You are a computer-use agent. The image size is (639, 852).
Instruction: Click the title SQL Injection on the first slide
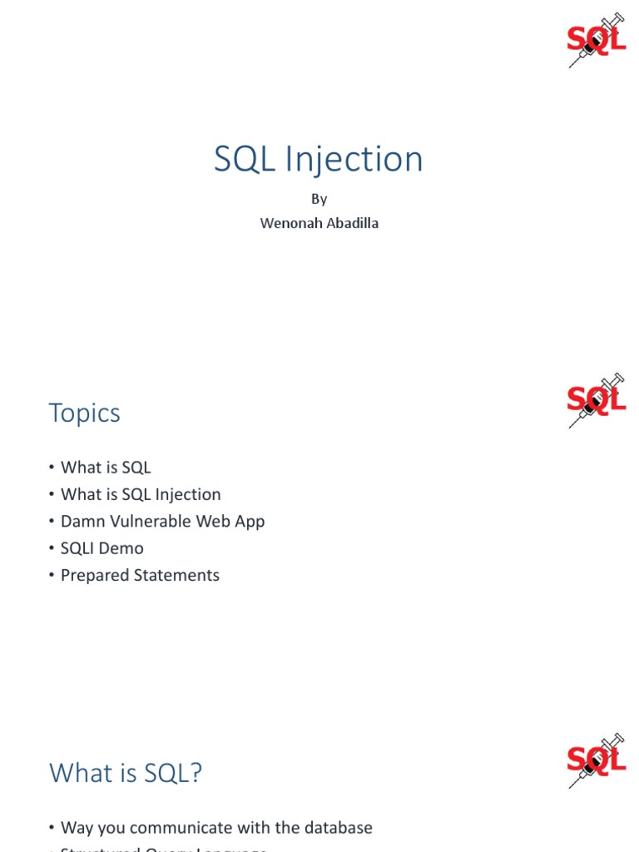pyautogui.click(x=319, y=159)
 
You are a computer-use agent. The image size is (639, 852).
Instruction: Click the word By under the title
pyautogui.click(x=319, y=199)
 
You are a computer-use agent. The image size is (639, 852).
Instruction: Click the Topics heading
pyautogui.click(x=85, y=413)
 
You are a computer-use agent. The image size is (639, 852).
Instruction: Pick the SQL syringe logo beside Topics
pyautogui.click(x=596, y=401)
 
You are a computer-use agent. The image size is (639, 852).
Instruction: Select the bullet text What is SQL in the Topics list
pyautogui.click(x=106, y=468)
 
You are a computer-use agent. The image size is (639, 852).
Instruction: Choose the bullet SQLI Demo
pyautogui.click(x=102, y=548)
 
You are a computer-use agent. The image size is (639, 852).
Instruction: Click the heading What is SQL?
pyautogui.click(x=126, y=773)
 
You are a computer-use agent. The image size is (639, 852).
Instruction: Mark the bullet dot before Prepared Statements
pyautogui.click(x=52, y=576)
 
